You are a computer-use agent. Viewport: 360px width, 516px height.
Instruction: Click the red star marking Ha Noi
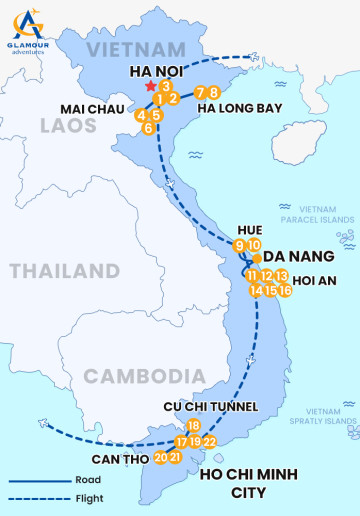150,73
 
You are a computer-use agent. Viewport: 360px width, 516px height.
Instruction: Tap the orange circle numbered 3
163,86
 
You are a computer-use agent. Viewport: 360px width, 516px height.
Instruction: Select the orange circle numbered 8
214,93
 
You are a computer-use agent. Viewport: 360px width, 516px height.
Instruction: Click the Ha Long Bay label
239,108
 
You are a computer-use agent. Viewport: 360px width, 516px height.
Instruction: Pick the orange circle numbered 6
149,128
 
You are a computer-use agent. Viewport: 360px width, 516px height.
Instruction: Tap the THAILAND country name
65,271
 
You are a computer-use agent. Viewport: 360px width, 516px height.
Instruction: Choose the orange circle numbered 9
239,246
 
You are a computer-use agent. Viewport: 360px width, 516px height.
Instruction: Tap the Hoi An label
317,281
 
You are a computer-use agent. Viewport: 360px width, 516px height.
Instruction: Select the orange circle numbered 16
285,290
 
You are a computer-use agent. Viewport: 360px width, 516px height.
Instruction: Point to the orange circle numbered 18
194,426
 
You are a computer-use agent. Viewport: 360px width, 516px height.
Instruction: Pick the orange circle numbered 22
209,441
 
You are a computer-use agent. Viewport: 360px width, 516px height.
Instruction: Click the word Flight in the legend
89,498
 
